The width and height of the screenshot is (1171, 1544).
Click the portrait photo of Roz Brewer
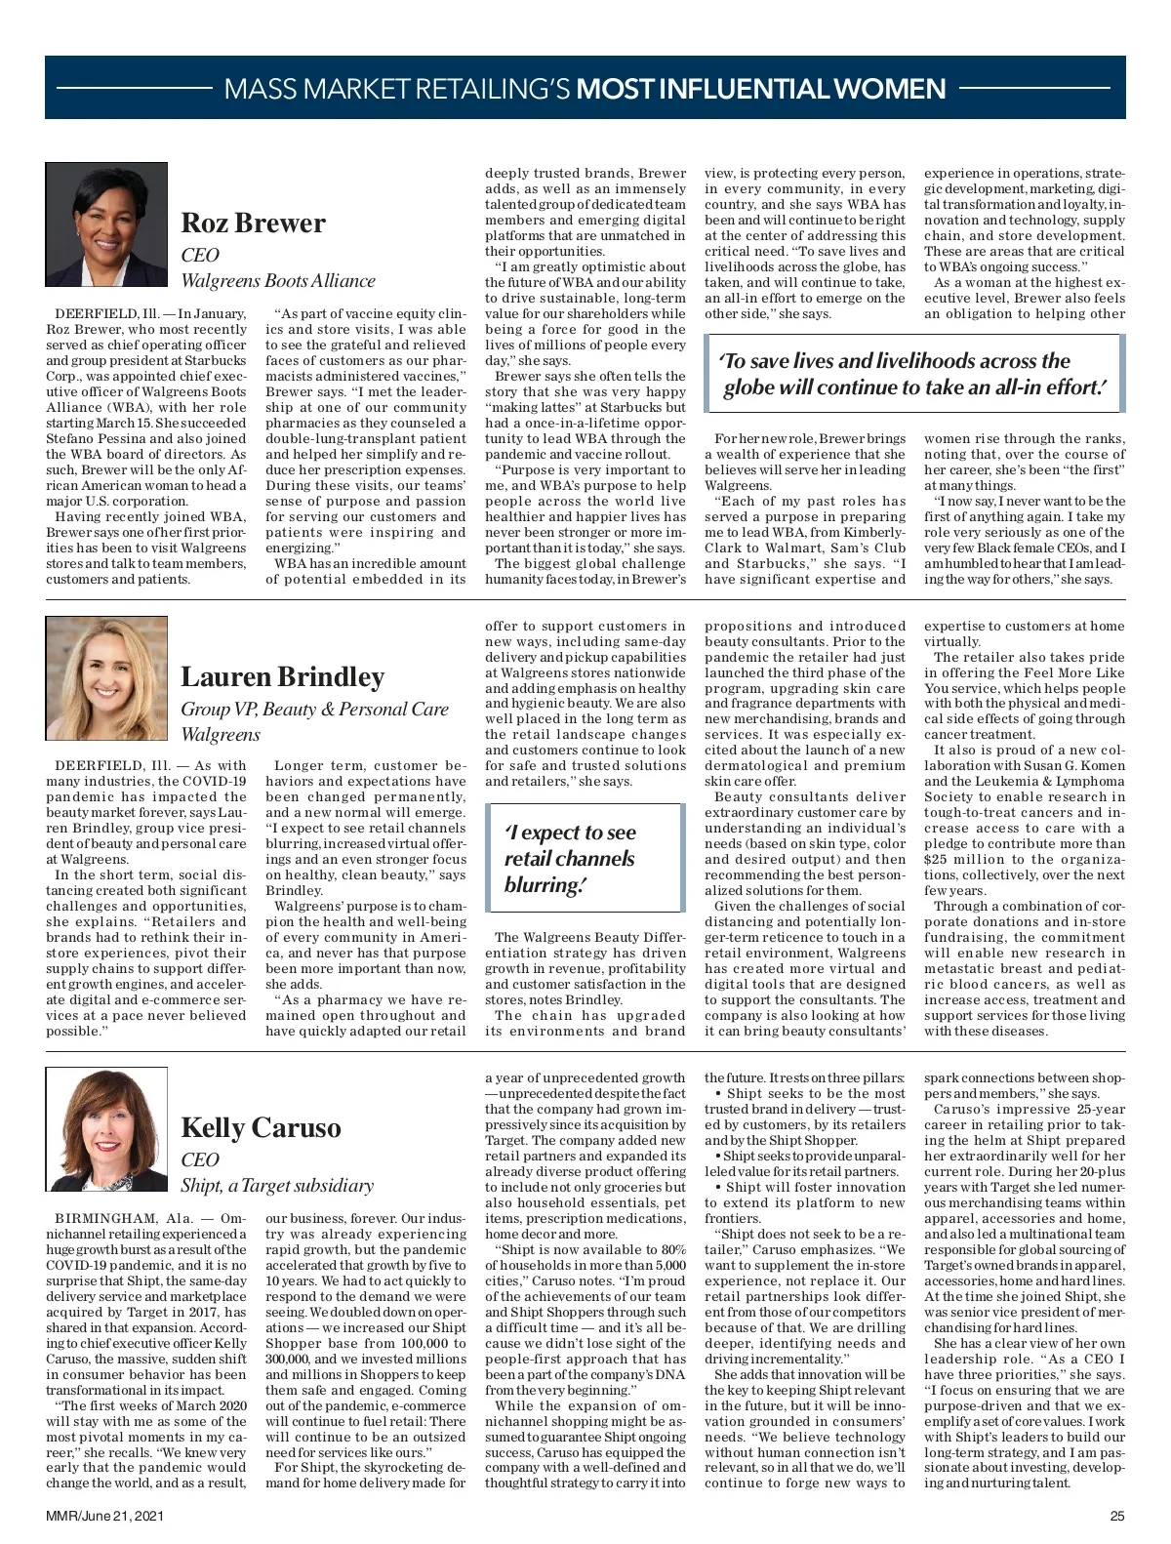click(x=106, y=224)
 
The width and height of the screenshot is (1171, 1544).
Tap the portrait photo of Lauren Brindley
click(x=106, y=678)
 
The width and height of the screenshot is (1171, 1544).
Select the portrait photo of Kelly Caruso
click(x=106, y=1129)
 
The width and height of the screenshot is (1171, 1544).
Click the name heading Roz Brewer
click(x=253, y=223)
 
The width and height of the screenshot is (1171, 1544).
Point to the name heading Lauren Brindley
click(x=282, y=677)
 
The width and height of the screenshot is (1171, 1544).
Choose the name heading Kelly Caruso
click(x=261, y=1128)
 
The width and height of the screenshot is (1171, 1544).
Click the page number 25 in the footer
click(x=1117, y=1516)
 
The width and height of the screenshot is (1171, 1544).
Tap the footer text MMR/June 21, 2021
click(x=104, y=1516)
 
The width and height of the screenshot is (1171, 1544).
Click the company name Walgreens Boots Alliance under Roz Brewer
click(x=278, y=281)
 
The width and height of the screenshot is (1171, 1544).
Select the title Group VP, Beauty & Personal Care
click(x=314, y=710)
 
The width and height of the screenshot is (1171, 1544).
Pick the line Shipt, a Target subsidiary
click(x=277, y=1186)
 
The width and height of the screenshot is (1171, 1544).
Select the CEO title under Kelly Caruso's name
click(x=200, y=1160)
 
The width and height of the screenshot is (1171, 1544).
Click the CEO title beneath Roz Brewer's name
click(x=200, y=256)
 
